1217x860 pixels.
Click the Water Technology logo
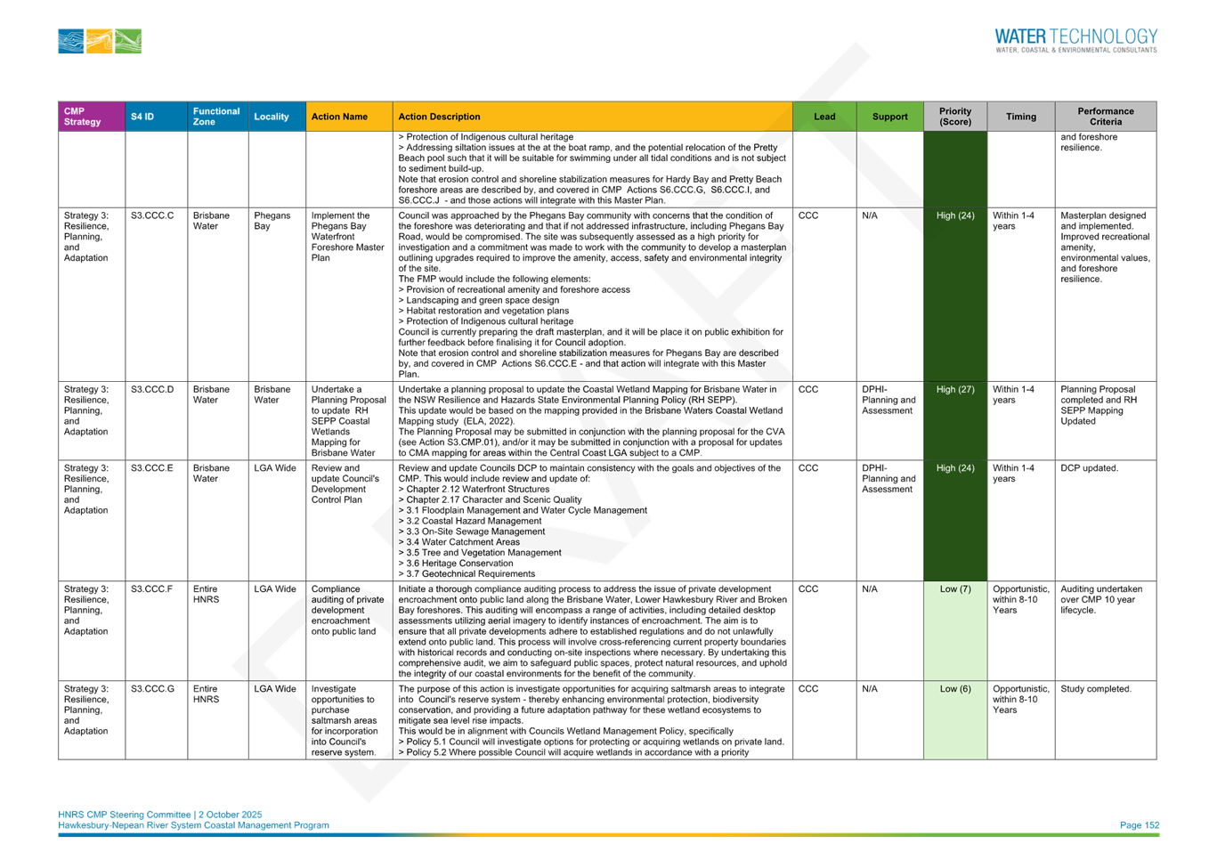[x=1075, y=40]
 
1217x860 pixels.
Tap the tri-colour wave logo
[x=100, y=41]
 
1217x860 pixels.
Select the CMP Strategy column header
[x=83, y=117]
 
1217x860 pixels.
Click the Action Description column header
[x=439, y=117]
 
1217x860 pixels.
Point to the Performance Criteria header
[x=1106, y=117]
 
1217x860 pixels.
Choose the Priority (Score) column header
[x=955, y=117]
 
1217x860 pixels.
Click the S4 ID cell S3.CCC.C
[x=152, y=215]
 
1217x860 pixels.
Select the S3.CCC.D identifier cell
[x=152, y=390]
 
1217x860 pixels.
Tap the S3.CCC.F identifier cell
[x=151, y=588]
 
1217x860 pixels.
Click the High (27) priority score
[x=955, y=390]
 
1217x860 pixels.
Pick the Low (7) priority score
[x=955, y=588]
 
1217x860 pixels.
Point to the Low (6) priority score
[x=955, y=689]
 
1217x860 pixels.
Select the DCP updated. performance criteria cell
[x=1090, y=468]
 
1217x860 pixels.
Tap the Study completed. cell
[x=1096, y=689]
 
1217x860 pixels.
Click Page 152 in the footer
[x=1140, y=825]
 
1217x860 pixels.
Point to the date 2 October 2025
[x=230, y=815]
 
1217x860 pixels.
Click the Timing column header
[x=1021, y=117]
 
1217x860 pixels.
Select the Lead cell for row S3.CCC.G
[x=807, y=689]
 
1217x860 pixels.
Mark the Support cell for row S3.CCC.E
[x=888, y=479]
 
